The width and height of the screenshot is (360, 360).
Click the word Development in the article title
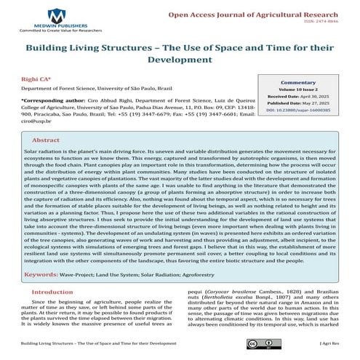179,59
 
